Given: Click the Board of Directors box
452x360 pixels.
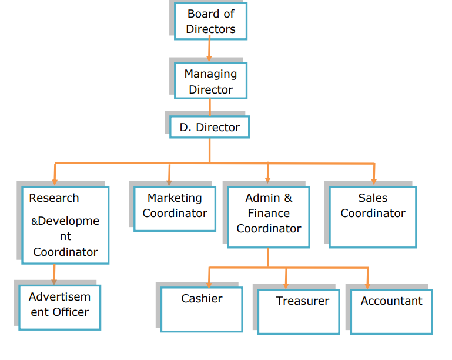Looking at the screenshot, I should coord(210,21).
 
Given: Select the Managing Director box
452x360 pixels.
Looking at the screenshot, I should coord(210,81).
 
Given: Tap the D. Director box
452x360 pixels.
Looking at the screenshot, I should coord(209,127).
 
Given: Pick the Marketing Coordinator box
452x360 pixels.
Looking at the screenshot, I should coord(175,208).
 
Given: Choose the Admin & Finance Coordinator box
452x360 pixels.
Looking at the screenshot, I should coord(269,215).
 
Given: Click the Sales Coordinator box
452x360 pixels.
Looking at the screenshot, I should coord(373,216).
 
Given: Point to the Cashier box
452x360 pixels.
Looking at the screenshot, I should coord(202,309).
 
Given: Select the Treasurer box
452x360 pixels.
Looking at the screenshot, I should coord(299,312).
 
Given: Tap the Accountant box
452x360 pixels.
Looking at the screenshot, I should coord(391,312).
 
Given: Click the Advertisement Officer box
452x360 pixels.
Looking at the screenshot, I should coord(60,307).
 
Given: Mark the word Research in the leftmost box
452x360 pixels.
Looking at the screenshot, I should coord(54,198).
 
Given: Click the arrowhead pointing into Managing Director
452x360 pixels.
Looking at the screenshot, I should coord(209,58).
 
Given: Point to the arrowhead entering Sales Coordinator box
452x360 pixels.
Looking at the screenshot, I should coord(373,182).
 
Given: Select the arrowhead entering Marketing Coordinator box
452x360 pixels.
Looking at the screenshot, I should coord(169,182).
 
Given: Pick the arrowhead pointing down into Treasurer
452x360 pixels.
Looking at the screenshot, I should coord(286,285).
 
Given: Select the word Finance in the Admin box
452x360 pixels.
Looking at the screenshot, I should coord(269,213).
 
